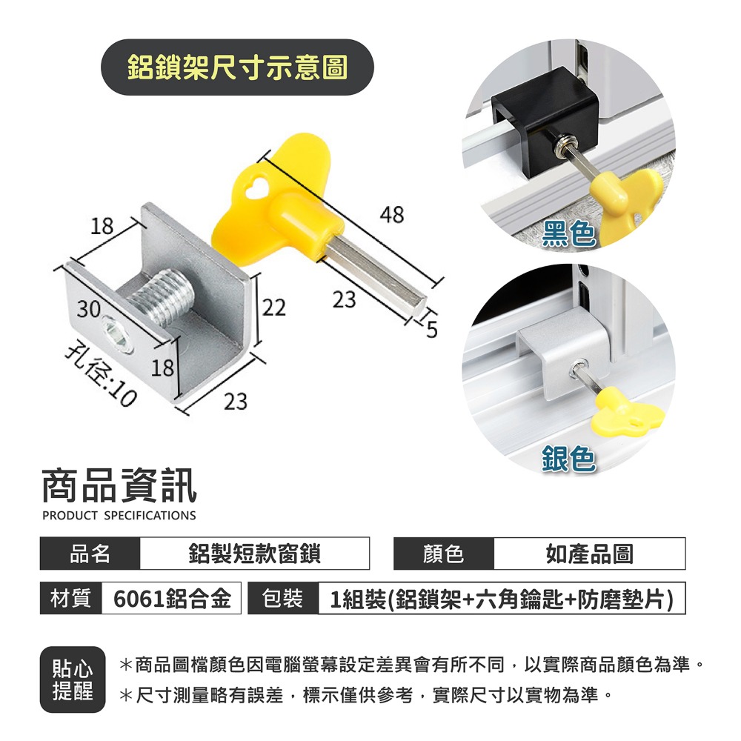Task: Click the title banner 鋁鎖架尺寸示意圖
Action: (237, 67)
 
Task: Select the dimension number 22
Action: (273, 307)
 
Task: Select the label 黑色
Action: (568, 233)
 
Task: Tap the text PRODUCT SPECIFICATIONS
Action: (119, 516)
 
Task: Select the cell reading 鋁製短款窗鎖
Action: (254, 554)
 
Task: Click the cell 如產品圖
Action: (589, 554)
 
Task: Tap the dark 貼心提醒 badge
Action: (73, 679)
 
